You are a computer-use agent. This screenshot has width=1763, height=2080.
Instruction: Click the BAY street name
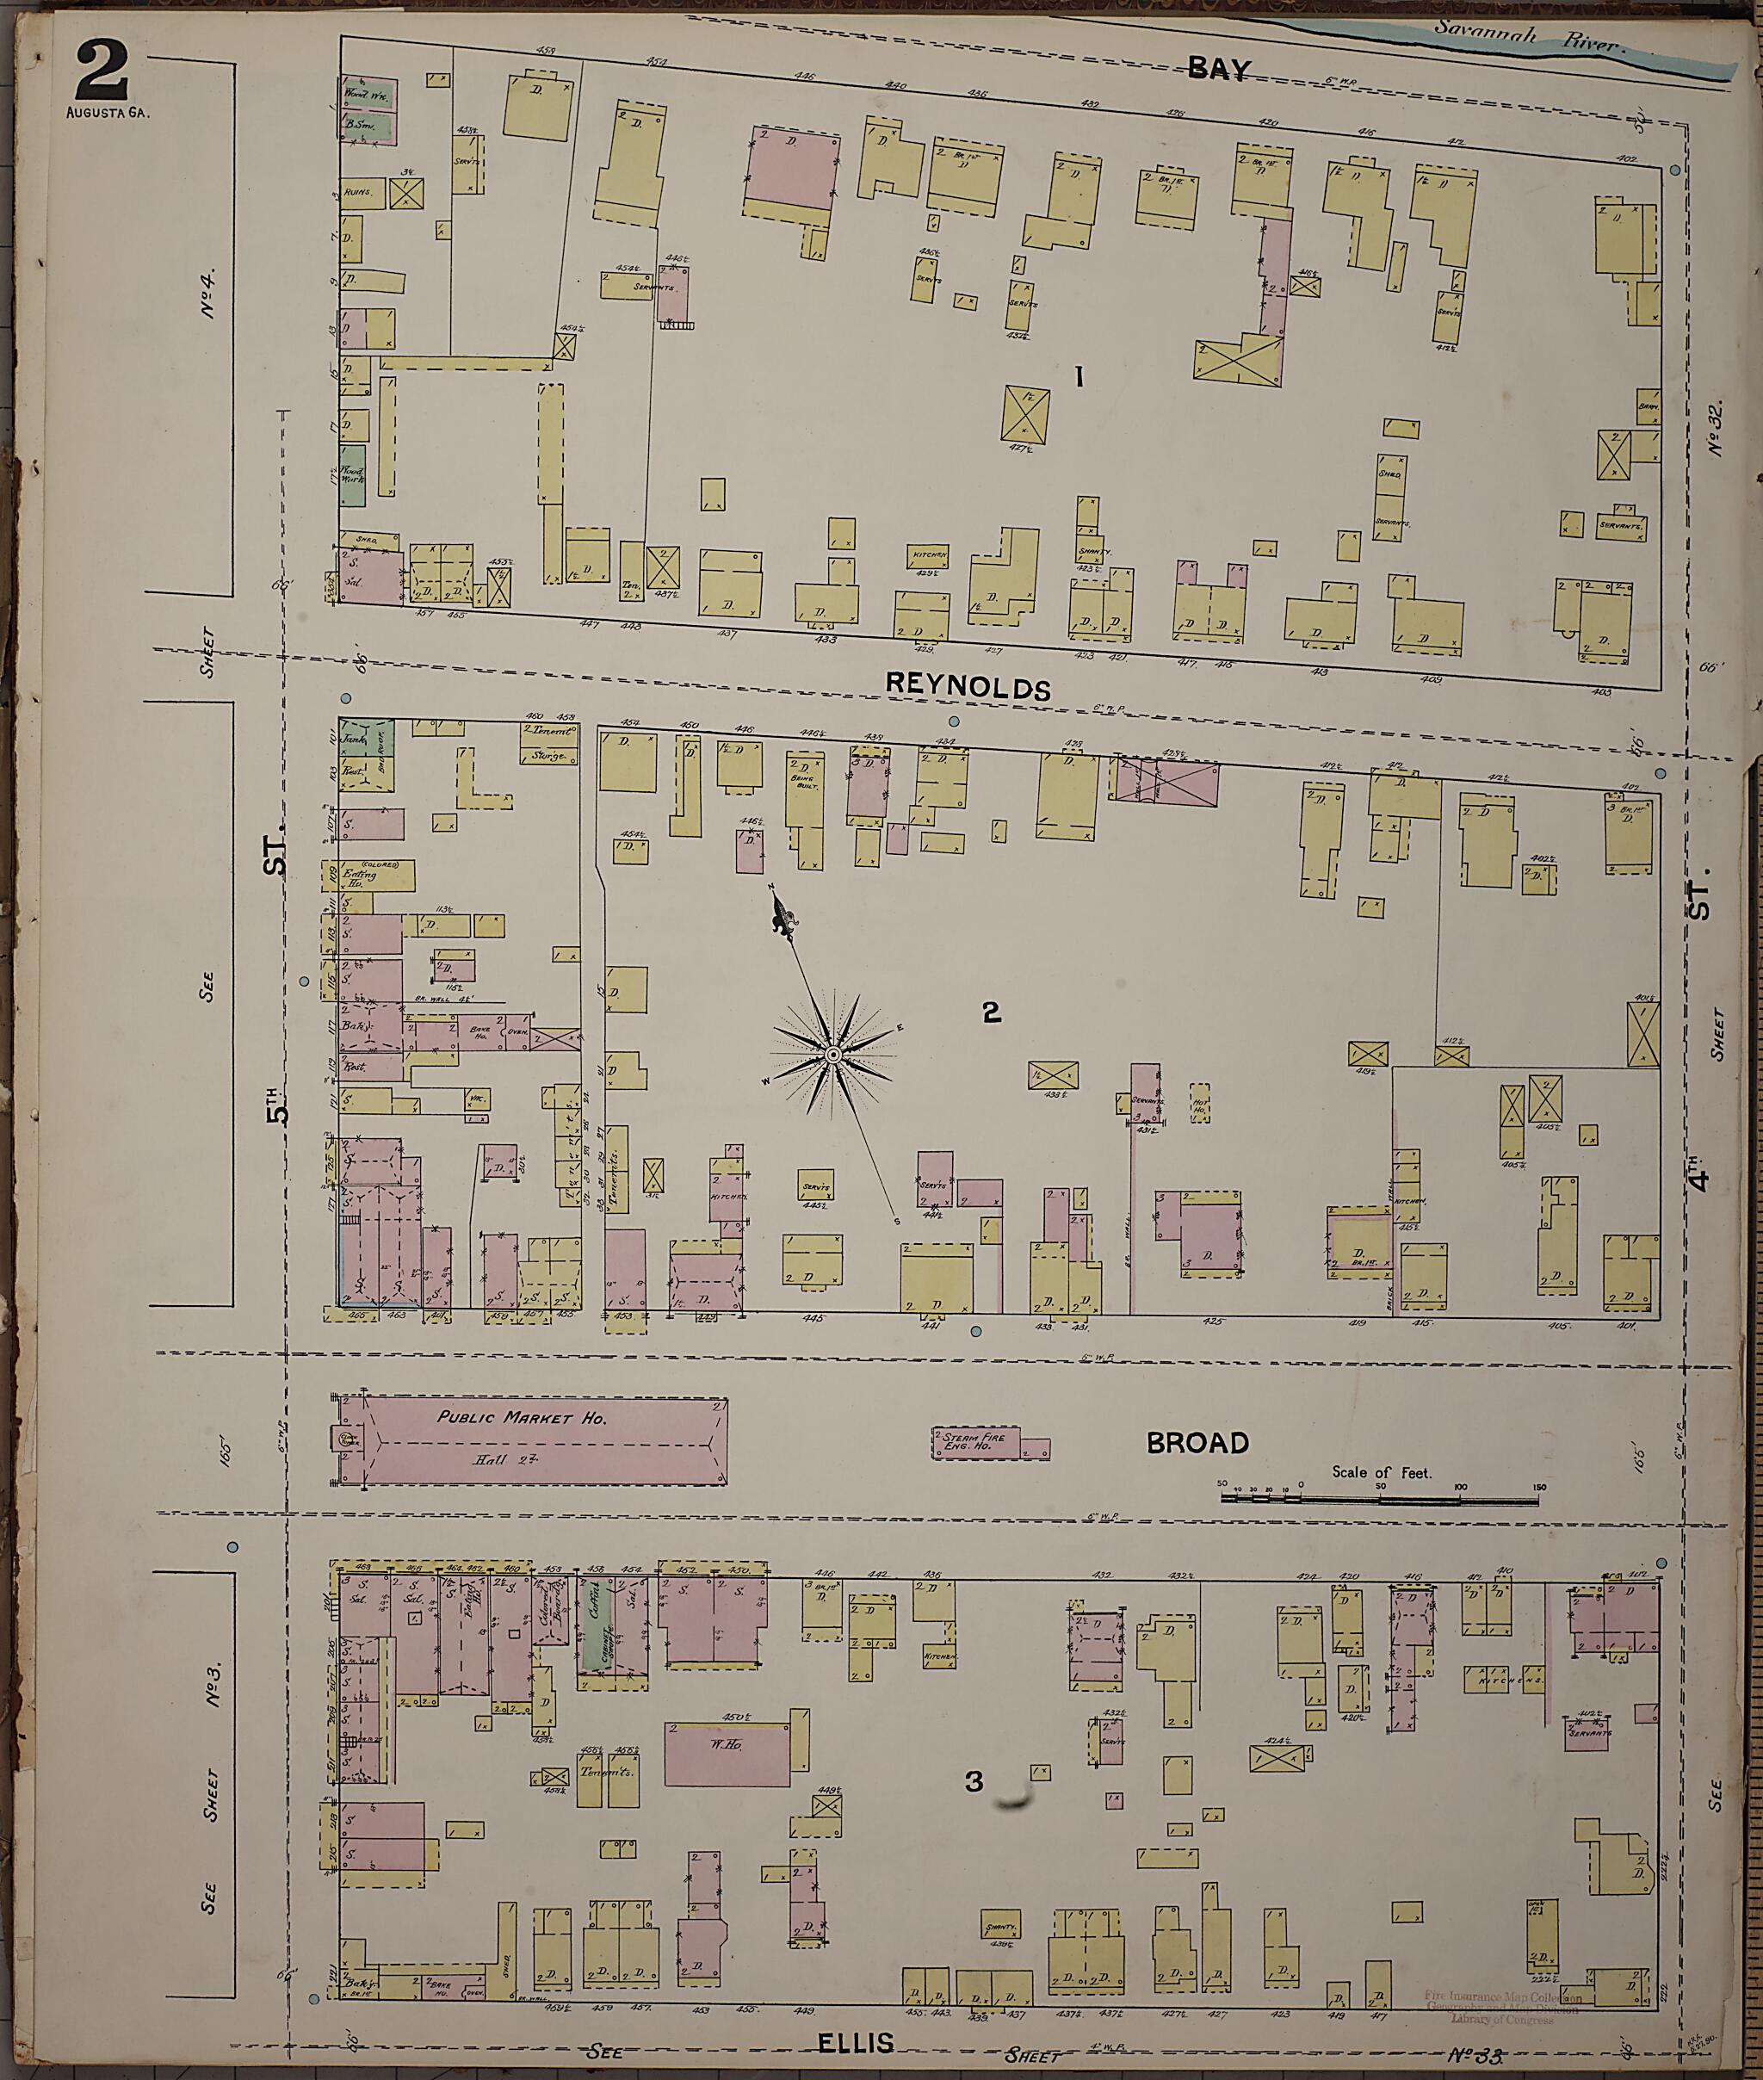[1218, 68]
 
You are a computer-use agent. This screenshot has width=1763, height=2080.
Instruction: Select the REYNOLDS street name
[968, 688]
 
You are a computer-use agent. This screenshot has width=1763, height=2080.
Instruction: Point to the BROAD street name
[1197, 1442]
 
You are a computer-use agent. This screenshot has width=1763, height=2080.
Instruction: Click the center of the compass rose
[832, 1055]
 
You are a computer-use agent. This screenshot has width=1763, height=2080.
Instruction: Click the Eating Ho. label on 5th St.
[359, 874]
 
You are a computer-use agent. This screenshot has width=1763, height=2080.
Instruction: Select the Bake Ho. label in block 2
[478, 1033]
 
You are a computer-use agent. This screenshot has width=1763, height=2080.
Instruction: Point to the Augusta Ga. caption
[108, 112]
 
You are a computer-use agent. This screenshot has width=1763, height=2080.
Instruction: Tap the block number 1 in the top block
[1079, 376]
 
